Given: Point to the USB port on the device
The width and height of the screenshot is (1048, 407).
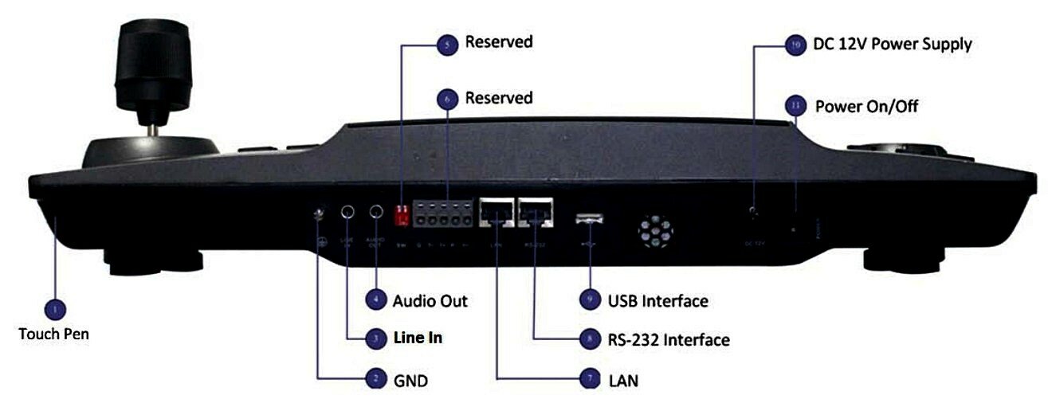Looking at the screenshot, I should [591, 217].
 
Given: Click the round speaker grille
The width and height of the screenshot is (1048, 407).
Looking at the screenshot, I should [654, 232].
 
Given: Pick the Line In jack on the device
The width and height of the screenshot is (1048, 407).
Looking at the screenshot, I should [347, 213].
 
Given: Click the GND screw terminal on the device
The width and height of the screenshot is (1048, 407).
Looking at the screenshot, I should [320, 213].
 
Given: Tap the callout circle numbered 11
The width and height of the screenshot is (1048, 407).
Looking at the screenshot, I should [794, 105].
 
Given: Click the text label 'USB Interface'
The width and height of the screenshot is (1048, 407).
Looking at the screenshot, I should [657, 301].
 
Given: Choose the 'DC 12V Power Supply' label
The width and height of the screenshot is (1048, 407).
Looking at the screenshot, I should [892, 45].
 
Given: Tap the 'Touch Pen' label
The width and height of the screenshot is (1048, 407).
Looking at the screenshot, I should [53, 335].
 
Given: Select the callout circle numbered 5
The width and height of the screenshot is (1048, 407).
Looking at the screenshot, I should [447, 45].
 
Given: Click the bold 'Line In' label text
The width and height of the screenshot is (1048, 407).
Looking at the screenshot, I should [418, 339].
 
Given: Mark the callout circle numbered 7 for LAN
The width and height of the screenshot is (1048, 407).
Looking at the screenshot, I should [589, 379].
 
